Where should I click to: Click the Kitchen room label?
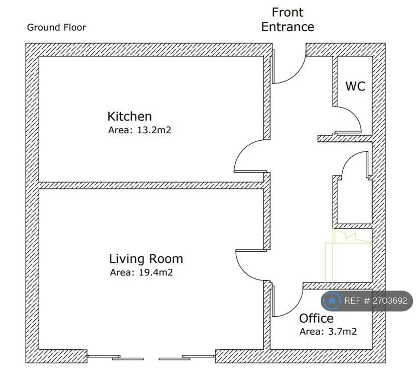coord(129,117)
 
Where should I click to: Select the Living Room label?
coord(146,259)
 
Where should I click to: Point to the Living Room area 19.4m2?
coord(142,272)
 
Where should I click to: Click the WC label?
coord(355,86)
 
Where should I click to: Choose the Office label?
coord(316,319)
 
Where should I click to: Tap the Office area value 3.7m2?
coord(328,332)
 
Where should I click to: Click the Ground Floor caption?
coord(56,27)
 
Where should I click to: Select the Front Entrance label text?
coord(288,20)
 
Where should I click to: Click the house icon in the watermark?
coord(332,301)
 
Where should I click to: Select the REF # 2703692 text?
coord(375,301)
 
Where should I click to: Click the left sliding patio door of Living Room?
coord(115,357)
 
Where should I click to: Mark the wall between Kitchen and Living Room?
coord(151,185)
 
